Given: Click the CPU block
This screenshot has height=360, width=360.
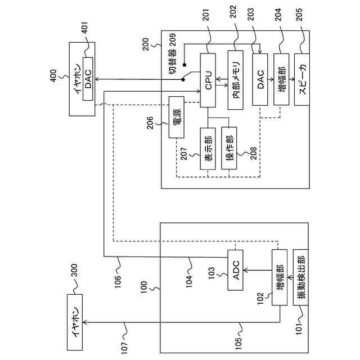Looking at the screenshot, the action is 208,80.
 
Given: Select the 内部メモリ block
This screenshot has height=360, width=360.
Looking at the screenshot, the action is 236,80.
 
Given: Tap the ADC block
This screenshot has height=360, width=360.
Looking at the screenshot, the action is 235,270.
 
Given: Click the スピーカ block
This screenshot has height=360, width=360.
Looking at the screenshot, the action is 302,79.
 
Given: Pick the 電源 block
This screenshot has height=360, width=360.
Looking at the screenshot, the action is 177,117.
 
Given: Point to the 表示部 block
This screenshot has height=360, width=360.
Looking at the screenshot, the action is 208,148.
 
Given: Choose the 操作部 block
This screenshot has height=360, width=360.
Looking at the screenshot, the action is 229,148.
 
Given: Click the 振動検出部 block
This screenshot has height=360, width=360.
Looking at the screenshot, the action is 300,277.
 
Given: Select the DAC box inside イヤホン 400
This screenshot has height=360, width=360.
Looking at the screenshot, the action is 88,79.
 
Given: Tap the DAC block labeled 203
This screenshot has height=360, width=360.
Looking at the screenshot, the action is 260,79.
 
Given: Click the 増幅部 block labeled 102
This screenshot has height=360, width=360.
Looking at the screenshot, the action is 280,277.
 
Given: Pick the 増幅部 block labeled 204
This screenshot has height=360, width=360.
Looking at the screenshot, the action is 281,79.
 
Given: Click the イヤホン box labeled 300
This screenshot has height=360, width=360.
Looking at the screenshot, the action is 75,322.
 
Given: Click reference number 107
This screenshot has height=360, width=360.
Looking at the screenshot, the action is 124,348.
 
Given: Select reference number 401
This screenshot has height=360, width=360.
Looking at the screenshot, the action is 85,28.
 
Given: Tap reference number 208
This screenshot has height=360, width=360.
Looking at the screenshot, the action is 253,154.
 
